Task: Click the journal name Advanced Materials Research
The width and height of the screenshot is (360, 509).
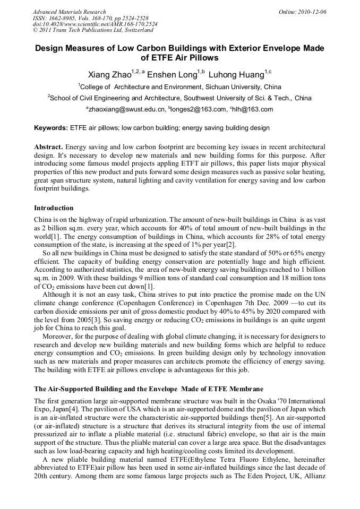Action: pos(69,12)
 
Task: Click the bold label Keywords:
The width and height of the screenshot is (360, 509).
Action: pos(51,128)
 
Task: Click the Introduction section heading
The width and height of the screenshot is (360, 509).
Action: pos(54,208)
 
